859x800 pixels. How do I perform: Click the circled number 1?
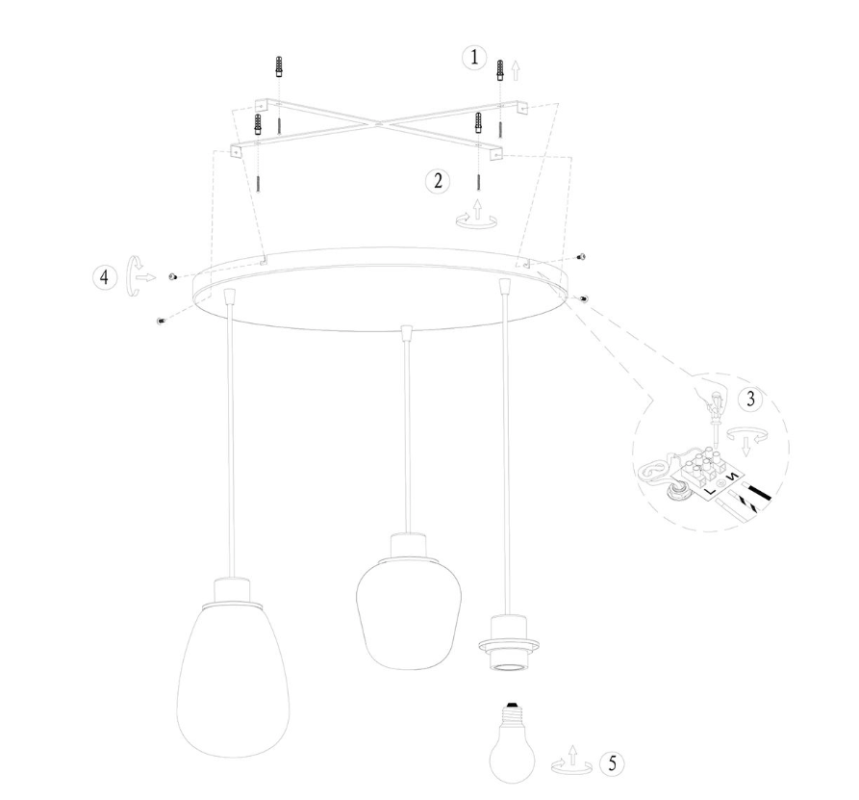473,58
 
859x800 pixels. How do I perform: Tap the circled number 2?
438,180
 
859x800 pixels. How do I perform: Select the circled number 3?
747,399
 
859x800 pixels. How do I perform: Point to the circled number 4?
102,276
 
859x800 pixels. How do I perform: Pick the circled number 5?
609,763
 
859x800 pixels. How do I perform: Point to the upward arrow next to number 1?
517,69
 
